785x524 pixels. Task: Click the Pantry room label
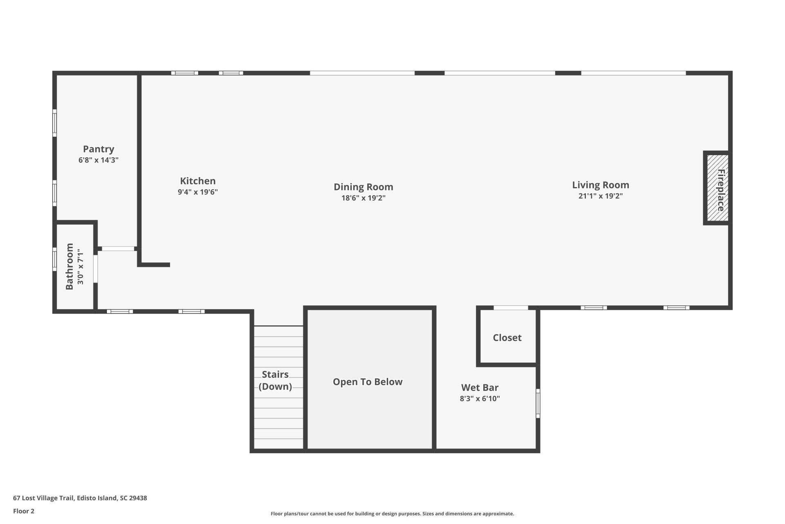[99, 149]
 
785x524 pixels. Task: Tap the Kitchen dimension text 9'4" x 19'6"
[198, 192]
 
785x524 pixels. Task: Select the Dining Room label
[363, 187]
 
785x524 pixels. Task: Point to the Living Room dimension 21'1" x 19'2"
[601, 196]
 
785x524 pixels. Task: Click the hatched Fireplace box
[718, 188]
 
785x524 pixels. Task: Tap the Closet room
[507, 337]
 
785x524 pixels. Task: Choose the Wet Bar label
[480, 387]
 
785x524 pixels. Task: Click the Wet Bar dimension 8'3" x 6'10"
[480, 399]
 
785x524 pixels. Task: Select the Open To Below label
[368, 382]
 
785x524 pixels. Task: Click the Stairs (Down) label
[275, 380]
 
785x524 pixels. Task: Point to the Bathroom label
[70, 267]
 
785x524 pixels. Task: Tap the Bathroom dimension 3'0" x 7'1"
[81, 267]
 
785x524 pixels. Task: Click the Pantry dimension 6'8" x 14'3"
[99, 160]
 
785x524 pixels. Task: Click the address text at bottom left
[80, 498]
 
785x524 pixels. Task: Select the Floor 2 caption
[24, 511]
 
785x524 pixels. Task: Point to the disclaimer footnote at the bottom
[392, 514]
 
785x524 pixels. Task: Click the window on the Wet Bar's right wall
[538, 404]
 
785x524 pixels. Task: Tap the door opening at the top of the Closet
[511, 308]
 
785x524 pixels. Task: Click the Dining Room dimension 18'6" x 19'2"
[363, 198]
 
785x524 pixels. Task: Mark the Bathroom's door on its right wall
[96, 269]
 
